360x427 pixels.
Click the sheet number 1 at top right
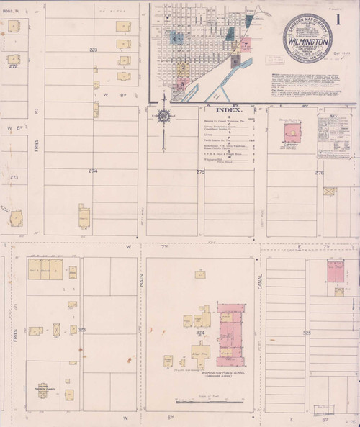click(341, 16)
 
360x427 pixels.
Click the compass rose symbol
click(165, 116)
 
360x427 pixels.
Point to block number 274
click(91, 171)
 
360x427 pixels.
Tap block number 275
click(200, 171)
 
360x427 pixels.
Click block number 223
click(92, 49)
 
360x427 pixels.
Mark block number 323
click(82, 329)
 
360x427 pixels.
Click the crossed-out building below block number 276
click(330, 192)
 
